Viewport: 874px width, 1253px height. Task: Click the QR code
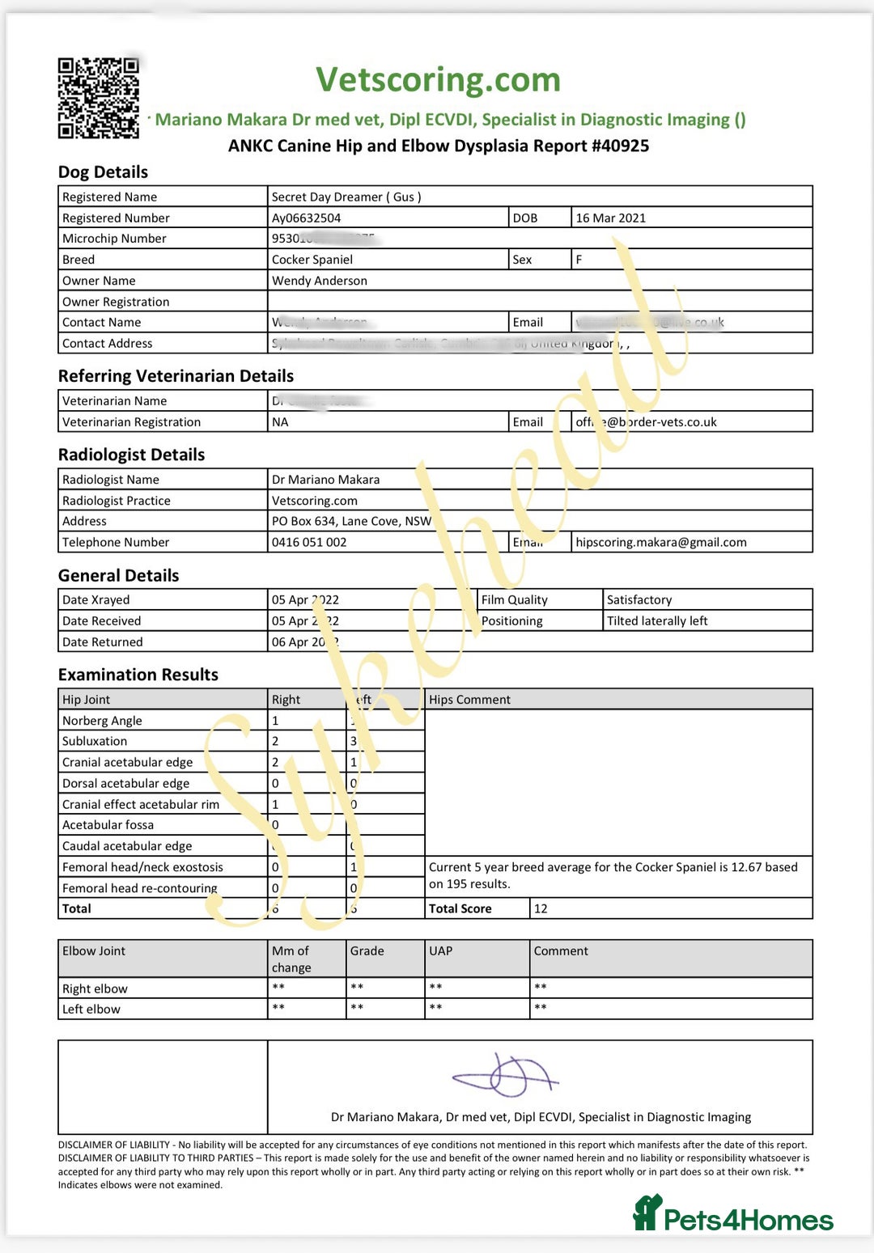pyautogui.click(x=98, y=98)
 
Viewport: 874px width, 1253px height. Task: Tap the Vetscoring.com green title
pyautogui.click(x=438, y=80)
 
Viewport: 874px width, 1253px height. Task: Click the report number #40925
pyautogui.click(x=619, y=146)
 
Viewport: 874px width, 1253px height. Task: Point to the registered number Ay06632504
pyautogui.click(x=306, y=218)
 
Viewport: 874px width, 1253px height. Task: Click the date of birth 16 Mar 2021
pyautogui.click(x=610, y=218)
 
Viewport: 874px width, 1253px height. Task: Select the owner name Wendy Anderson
pyautogui.click(x=319, y=281)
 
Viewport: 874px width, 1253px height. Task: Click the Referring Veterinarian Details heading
pyautogui.click(x=176, y=376)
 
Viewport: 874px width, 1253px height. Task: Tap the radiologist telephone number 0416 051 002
pyautogui.click(x=308, y=542)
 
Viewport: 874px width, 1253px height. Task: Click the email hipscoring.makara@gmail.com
pyautogui.click(x=660, y=542)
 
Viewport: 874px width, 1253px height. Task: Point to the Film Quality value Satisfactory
pyautogui.click(x=639, y=599)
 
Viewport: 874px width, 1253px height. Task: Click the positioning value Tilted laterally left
pyautogui.click(x=656, y=620)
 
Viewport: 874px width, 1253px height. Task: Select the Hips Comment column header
pyautogui.click(x=469, y=700)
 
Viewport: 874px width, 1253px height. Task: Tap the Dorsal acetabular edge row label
pyautogui.click(x=125, y=783)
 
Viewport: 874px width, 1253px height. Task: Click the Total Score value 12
pyautogui.click(x=541, y=908)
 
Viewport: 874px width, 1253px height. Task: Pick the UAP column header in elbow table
pyautogui.click(x=440, y=951)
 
